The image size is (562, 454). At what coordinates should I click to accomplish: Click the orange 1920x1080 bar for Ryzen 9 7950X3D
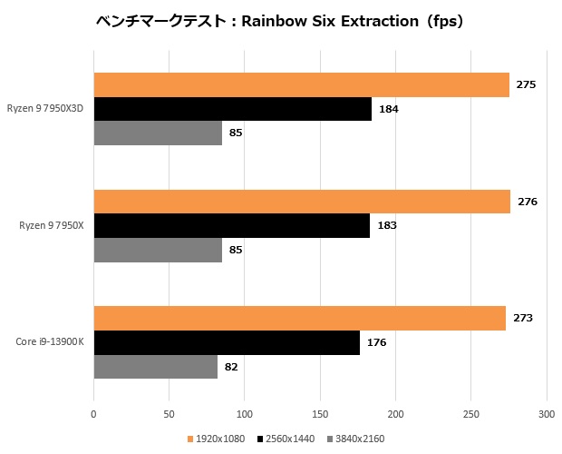click(302, 84)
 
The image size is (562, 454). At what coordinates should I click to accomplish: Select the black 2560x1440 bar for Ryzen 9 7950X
click(232, 226)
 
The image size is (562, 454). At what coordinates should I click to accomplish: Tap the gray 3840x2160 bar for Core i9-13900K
click(156, 367)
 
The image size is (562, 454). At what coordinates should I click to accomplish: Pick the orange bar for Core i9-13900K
click(300, 319)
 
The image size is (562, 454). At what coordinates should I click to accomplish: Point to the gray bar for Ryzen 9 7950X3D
click(158, 133)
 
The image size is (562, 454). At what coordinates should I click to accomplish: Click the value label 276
click(528, 202)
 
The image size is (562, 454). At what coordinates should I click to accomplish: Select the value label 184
click(389, 109)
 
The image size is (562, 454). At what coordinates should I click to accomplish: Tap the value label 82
click(231, 367)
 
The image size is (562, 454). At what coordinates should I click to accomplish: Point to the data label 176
click(376, 342)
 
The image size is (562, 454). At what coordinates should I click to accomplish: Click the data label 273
click(523, 318)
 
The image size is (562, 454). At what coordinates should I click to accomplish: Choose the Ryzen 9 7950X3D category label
click(45, 108)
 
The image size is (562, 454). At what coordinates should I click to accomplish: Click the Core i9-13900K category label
click(50, 341)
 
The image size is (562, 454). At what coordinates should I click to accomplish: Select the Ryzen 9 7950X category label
click(52, 225)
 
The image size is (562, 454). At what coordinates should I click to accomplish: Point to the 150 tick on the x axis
click(320, 414)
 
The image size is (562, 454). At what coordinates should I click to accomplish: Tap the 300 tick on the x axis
click(547, 414)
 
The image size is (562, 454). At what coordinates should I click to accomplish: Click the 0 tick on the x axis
click(93, 414)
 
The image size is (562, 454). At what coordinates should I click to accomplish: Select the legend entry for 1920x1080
click(216, 439)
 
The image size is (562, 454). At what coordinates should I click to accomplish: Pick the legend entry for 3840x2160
click(356, 439)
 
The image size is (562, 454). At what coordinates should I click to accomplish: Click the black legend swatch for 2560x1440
click(260, 439)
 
